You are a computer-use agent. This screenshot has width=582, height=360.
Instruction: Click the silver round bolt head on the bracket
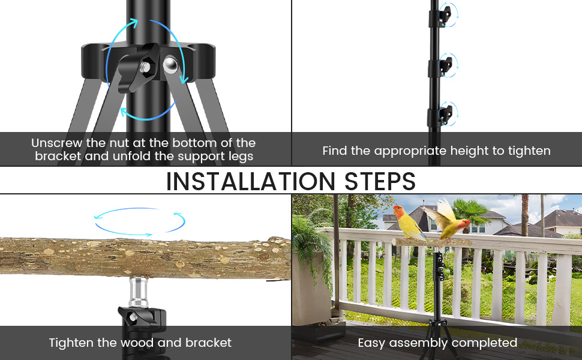tap(170, 64)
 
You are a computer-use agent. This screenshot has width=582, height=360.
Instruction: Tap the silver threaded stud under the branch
tap(139, 291)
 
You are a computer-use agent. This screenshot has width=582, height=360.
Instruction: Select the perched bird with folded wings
tap(407, 222)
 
